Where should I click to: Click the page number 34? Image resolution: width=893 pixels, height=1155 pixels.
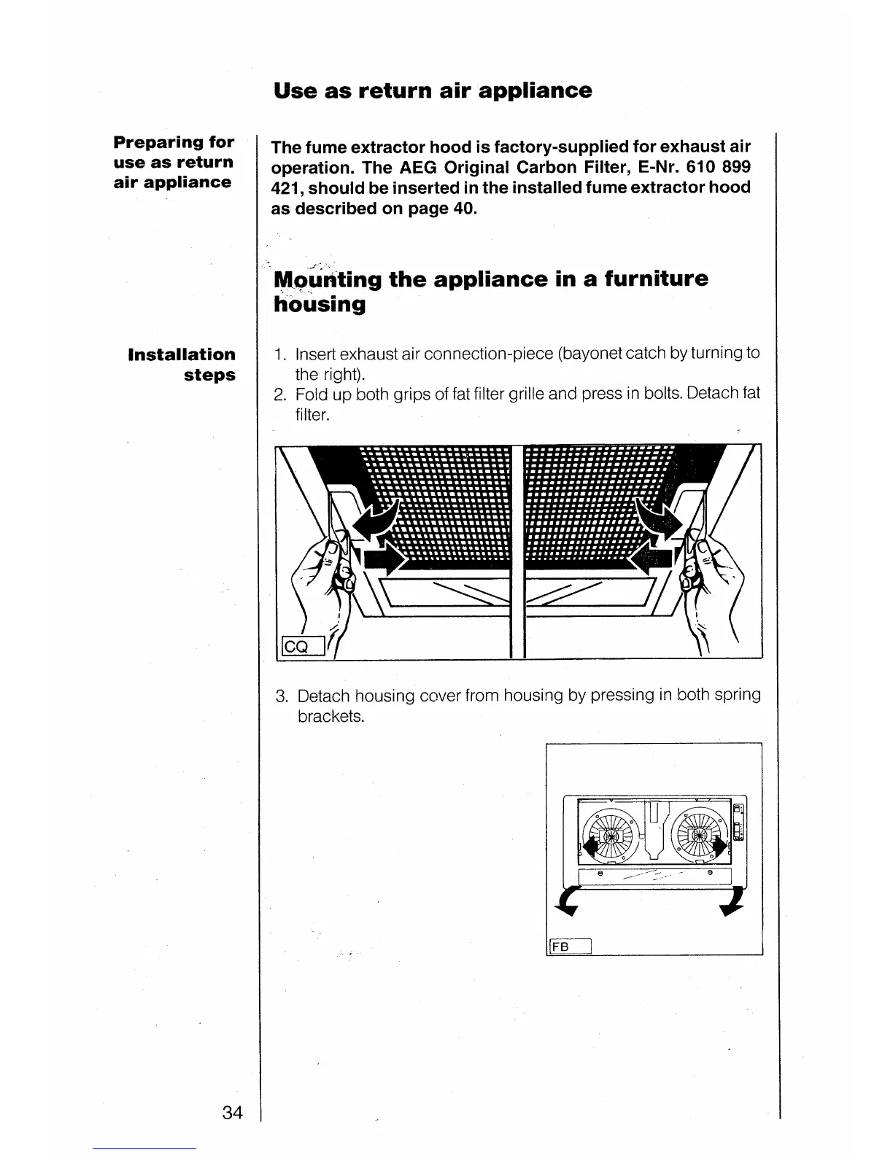point(232,1112)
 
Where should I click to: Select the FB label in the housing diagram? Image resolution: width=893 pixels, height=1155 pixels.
point(560,946)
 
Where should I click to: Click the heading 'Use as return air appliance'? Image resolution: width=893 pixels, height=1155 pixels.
point(433,90)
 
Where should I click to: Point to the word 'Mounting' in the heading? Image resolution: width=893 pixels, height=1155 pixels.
point(327,279)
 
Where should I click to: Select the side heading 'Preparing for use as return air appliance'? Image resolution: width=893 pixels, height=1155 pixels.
point(174,162)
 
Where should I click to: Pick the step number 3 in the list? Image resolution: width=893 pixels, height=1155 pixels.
point(282,696)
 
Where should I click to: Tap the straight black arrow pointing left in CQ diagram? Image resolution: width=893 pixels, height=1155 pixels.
point(652,558)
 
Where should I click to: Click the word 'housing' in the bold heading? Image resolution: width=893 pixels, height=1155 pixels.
point(320,304)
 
